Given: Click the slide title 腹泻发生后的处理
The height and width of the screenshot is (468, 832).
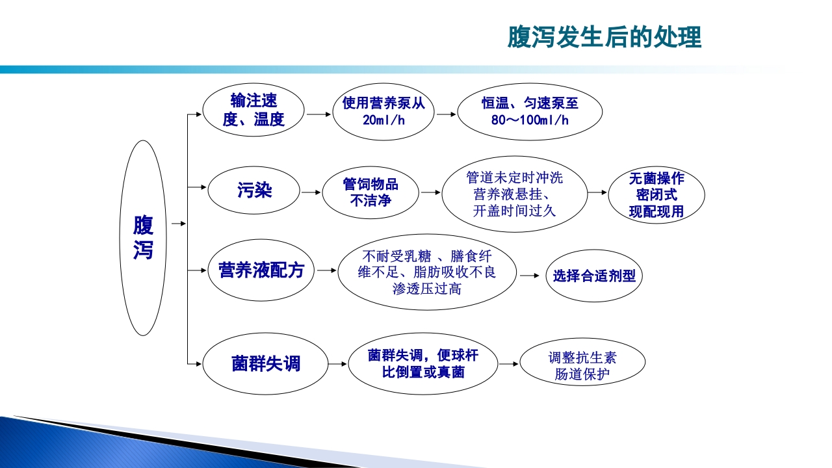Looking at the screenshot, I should click(x=604, y=37).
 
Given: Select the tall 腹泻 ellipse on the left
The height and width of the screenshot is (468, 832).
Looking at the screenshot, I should click(x=144, y=238).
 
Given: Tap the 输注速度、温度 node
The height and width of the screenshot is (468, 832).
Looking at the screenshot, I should click(x=253, y=110).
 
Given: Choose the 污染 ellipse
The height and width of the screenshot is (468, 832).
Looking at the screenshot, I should click(x=254, y=191).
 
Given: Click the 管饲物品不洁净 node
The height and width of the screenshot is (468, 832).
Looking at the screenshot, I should click(x=370, y=193).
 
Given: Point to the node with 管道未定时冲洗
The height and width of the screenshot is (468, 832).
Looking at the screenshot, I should click(x=514, y=194).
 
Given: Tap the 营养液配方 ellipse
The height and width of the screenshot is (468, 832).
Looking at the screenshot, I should click(x=257, y=270).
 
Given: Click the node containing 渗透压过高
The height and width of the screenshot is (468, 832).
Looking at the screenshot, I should click(x=427, y=272).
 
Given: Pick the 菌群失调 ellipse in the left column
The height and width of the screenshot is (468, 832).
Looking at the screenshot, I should click(x=266, y=363).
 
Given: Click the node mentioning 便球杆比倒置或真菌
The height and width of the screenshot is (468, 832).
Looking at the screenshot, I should click(x=423, y=363).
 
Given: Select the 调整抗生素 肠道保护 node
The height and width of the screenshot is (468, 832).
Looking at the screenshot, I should click(x=582, y=365).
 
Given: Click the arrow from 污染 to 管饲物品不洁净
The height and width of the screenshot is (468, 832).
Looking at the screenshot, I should click(x=311, y=192).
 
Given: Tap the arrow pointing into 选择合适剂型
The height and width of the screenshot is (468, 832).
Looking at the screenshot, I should click(x=530, y=276).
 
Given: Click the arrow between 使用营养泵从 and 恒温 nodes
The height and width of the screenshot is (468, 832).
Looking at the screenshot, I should click(x=446, y=114).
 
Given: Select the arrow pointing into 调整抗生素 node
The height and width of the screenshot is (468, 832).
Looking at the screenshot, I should click(x=508, y=364).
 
